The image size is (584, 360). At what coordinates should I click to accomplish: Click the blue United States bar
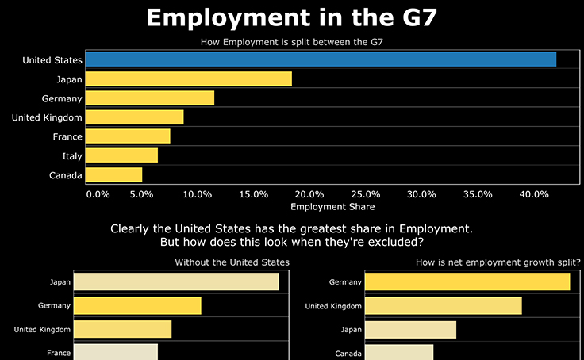point(321,59)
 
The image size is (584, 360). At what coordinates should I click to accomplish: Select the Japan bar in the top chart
point(188,79)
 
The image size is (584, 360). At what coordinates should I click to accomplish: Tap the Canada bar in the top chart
point(113,174)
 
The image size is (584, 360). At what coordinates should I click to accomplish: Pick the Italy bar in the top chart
point(121,155)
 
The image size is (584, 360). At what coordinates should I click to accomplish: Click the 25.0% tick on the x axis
point(366,194)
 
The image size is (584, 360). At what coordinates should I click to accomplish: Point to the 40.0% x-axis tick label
point(534,194)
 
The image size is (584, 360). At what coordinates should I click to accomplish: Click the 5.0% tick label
point(141,194)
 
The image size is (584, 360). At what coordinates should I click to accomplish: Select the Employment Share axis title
point(328,207)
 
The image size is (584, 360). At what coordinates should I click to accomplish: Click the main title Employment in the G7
point(291,17)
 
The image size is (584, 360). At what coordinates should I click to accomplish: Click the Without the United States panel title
point(232,262)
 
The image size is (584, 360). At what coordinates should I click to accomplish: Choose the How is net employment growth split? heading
point(498,262)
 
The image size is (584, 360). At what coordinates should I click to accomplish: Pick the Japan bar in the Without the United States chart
point(175,281)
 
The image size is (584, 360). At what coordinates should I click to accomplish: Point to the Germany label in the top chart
point(62,98)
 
